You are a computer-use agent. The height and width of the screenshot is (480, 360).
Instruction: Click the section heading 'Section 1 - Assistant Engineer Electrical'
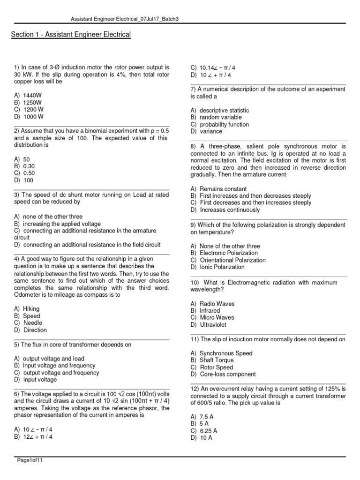pos(70,35)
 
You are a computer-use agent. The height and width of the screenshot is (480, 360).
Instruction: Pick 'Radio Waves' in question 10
pos(217,304)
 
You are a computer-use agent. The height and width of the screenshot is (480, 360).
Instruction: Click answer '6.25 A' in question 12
pos(208,430)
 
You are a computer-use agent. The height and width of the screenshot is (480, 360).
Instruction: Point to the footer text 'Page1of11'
pos(30,460)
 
